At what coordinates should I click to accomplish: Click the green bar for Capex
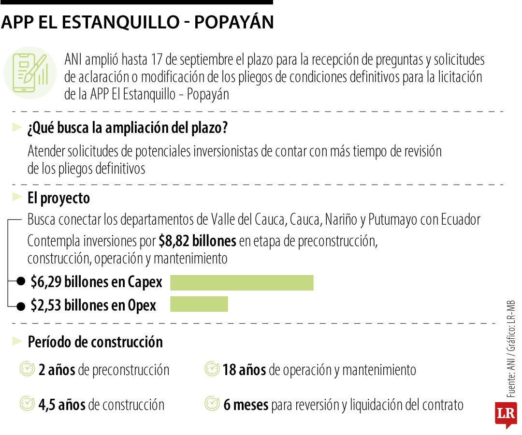click(x=242, y=283)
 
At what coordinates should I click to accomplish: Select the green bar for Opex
click(x=199, y=304)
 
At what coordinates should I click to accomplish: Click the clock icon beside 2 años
click(x=27, y=370)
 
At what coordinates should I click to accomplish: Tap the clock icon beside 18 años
click(x=212, y=370)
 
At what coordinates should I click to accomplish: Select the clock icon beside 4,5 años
click(x=27, y=404)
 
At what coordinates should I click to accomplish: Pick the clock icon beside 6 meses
click(x=212, y=404)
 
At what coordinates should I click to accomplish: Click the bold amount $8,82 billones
click(x=197, y=241)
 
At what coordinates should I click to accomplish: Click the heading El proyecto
click(x=58, y=198)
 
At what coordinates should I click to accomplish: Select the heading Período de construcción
click(x=95, y=342)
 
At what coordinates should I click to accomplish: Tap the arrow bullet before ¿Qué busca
click(x=17, y=128)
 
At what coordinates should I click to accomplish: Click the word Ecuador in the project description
click(x=461, y=220)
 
